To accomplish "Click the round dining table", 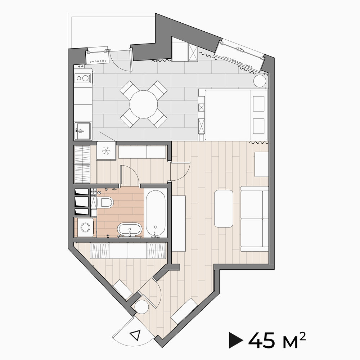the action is pos(144,104).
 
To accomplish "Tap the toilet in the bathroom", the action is pos(105,202).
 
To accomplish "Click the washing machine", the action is pos(85,227).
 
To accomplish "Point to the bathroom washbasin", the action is pos(130,230).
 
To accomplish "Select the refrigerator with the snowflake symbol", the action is pos(106,150).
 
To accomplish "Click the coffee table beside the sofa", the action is pos(224,208).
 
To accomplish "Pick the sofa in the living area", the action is pos(255,219).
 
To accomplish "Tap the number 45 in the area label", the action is pos(261,340).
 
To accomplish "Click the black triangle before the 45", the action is pos(236,340).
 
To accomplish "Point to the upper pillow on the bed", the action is pos(258,104).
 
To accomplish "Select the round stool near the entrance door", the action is pos(141,307).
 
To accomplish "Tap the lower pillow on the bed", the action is pos(258,126).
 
